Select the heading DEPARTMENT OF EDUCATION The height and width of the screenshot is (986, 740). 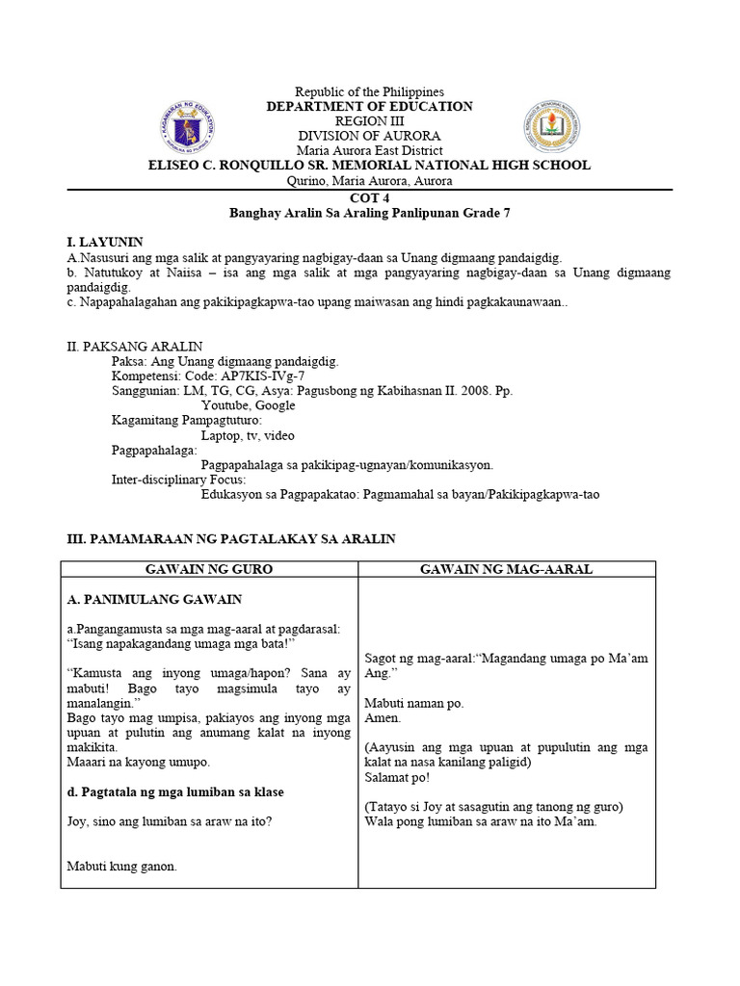click(369, 107)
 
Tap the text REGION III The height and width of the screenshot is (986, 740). click(369, 121)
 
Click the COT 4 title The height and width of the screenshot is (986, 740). click(369, 196)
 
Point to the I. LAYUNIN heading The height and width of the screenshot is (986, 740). click(105, 242)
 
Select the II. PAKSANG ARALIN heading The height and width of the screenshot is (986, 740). click(135, 347)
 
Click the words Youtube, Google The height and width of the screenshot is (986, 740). click(249, 405)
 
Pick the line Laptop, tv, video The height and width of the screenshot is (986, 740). click(249, 435)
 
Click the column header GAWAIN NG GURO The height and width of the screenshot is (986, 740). click(209, 569)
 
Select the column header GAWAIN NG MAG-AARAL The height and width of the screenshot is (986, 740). click(506, 569)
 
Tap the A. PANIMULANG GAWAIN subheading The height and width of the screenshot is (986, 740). click(154, 599)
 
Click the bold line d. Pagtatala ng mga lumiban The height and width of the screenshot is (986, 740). click(175, 791)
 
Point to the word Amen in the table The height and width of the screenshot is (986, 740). click(383, 717)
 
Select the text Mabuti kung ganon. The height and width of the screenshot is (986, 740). click(122, 866)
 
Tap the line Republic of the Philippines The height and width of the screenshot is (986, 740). click(369, 91)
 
